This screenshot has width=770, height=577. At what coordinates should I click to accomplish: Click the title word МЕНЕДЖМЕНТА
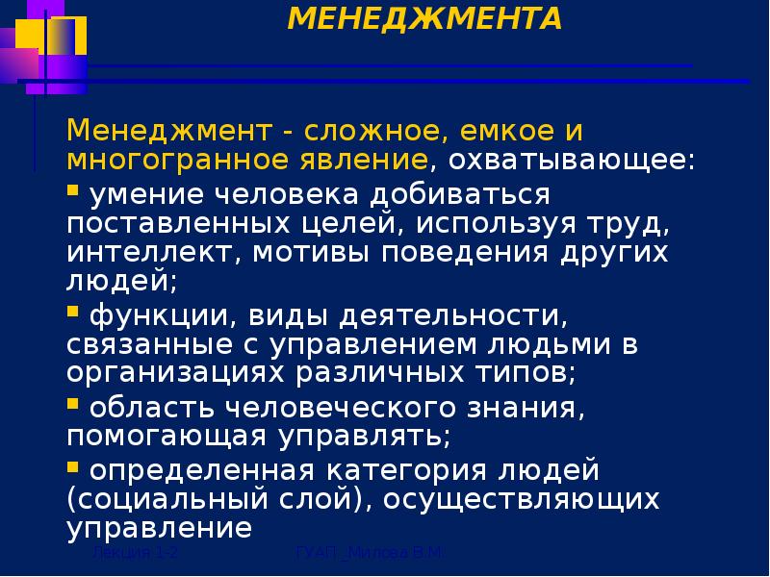point(424,19)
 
